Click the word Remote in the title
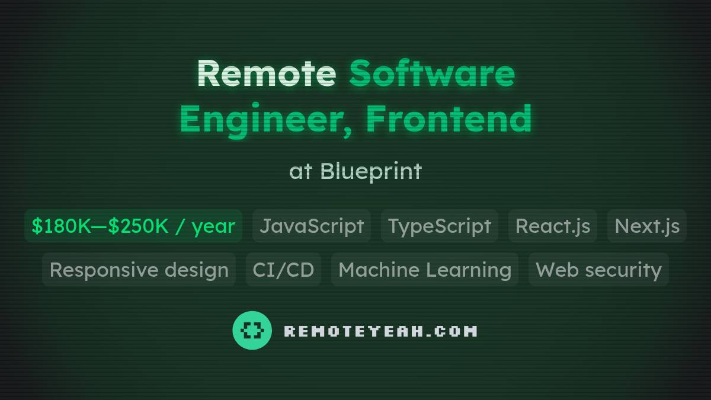click(x=266, y=73)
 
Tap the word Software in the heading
click(x=431, y=73)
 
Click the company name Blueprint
click(x=371, y=171)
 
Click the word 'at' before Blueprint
click(x=300, y=172)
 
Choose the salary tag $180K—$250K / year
click(x=133, y=226)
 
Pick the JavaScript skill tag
click(x=312, y=226)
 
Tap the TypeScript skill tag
click(x=439, y=226)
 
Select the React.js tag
click(x=552, y=226)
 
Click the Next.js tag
click(x=646, y=226)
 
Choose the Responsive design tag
click(x=139, y=270)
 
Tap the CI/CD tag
click(x=283, y=270)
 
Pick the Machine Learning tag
click(x=424, y=270)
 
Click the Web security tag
click(x=598, y=270)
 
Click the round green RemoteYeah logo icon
click(x=252, y=330)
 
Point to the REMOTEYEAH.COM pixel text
click(x=380, y=331)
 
